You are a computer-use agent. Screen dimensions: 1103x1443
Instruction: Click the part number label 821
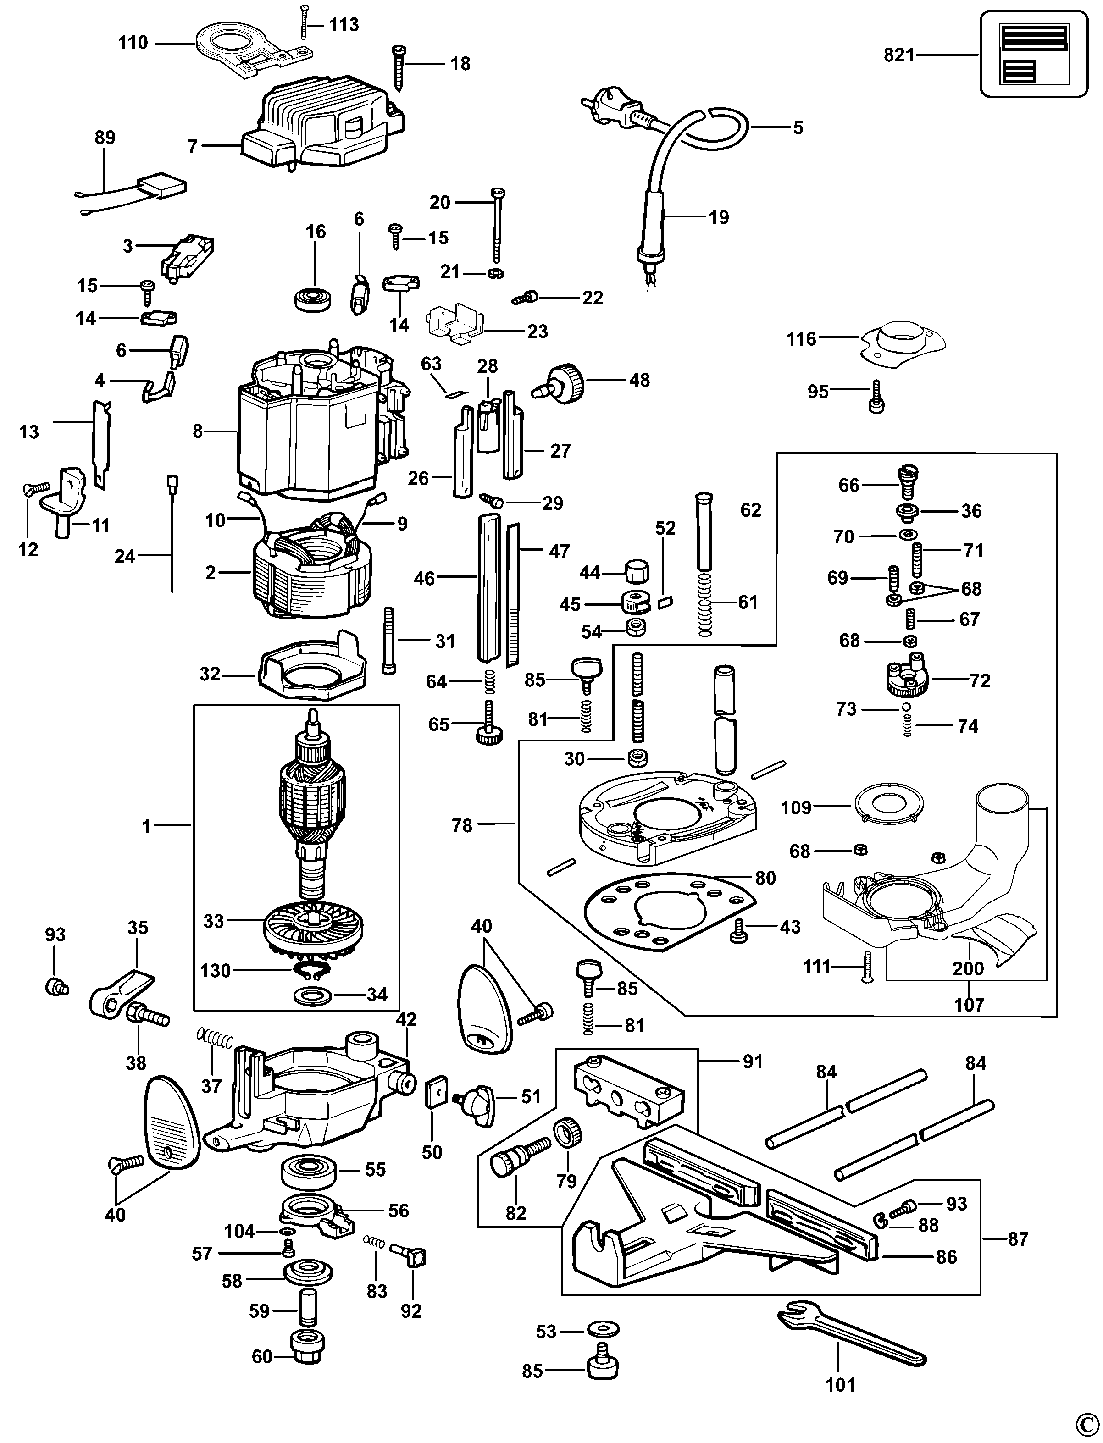pyautogui.click(x=899, y=55)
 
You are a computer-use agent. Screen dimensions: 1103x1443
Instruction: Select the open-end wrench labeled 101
pyautogui.click(x=851, y=1338)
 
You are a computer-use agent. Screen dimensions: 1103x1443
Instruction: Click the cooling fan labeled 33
pyautogui.click(x=312, y=929)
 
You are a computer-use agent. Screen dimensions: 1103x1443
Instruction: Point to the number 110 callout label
pyautogui.click(x=133, y=43)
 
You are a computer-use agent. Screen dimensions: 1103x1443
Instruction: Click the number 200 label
pyautogui.click(x=969, y=968)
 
